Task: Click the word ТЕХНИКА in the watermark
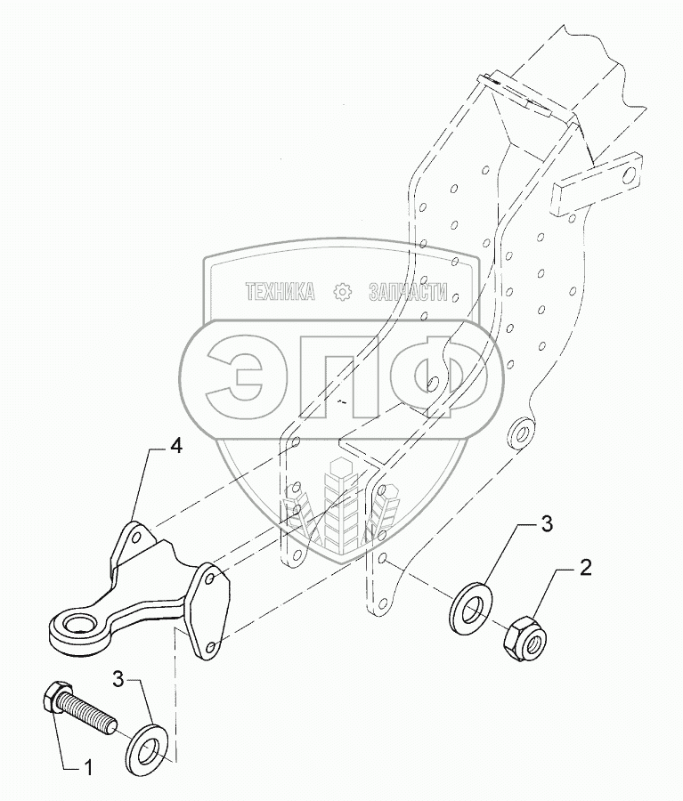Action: pyautogui.click(x=280, y=292)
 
